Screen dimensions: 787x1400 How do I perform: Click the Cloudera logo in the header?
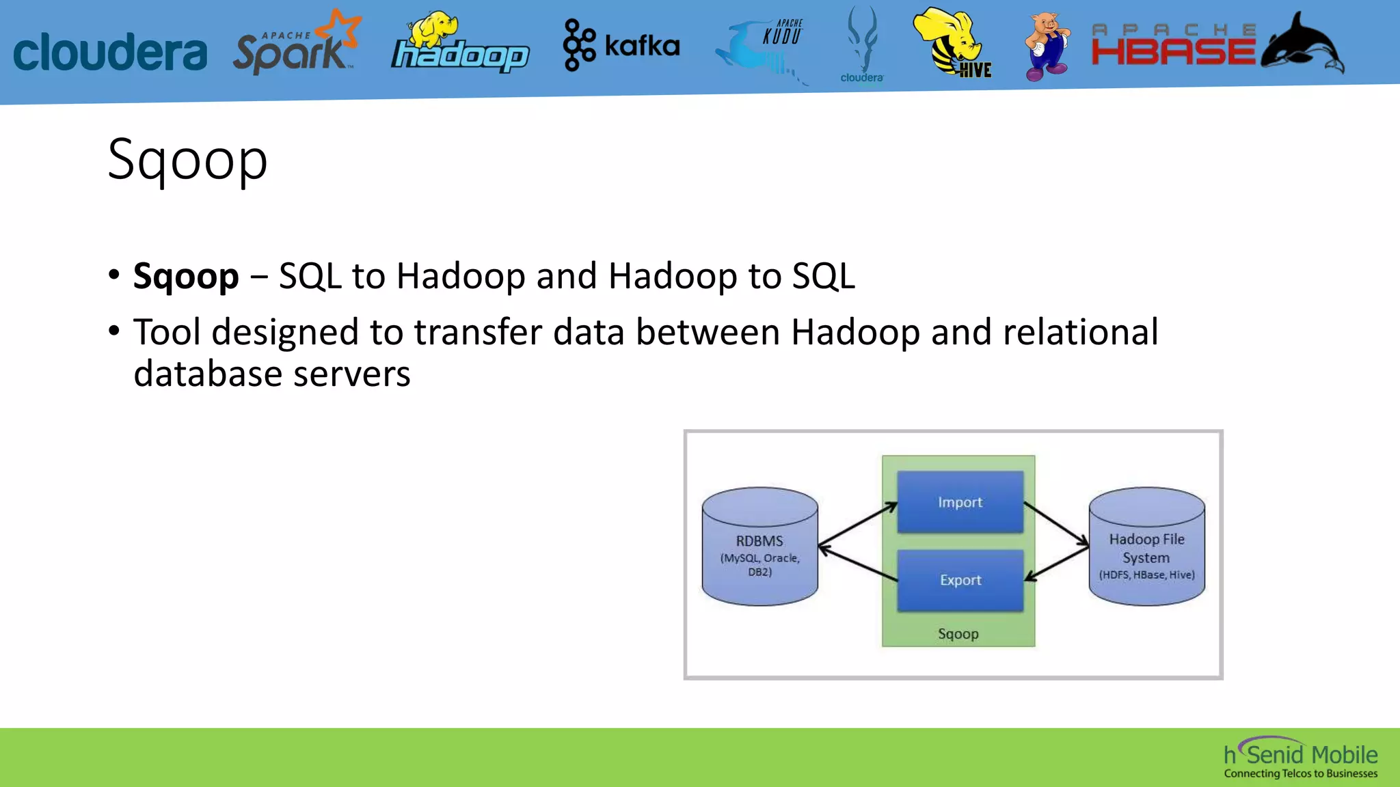tap(109, 52)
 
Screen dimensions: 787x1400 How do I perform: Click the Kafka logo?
tap(621, 45)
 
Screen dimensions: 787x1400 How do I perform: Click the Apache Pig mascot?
tap(1047, 46)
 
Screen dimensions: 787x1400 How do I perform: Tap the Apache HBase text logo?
tap(1172, 46)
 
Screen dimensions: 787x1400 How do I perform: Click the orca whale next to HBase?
tap(1302, 45)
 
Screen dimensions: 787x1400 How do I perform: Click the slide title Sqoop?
tap(187, 160)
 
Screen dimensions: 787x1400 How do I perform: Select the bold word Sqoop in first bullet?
tap(186, 277)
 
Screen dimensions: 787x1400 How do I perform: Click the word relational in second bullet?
tap(1080, 333)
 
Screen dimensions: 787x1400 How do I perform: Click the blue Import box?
tap(960, 502)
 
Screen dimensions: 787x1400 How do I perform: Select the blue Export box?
tap(960, 580)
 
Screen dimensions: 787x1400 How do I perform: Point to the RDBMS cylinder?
tap(759, 547)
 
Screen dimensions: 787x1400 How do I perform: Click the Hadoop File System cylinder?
tap(1146, 547)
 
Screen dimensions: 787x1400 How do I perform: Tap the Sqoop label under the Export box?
tap(958, 634)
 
